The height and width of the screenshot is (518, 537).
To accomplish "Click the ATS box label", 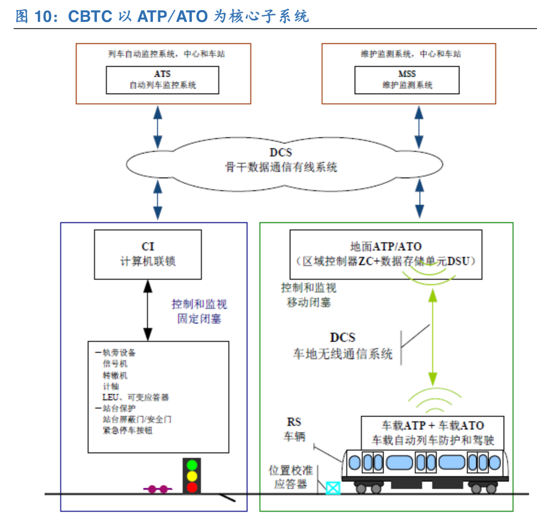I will [162, 74].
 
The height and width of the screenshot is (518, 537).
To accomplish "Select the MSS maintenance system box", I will [407, 80].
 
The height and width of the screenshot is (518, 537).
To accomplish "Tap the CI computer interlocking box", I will [148, 254].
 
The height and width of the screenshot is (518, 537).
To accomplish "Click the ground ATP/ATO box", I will [386, 254].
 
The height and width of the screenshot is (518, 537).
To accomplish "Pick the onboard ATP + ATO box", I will [432, 433].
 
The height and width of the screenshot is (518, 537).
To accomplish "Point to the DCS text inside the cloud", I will [281, 152].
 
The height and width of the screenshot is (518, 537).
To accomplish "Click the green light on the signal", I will [192, 465].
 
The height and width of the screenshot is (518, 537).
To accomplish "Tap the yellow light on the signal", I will [192, 476].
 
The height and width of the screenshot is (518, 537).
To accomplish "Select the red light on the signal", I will [192, 487].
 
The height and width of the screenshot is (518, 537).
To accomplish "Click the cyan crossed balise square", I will [333, 488].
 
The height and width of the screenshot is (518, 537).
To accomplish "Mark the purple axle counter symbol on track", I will [158, 489].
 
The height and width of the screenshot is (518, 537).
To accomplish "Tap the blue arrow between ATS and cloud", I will [157, 127].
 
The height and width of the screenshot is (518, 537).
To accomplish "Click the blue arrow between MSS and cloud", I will [419, 127].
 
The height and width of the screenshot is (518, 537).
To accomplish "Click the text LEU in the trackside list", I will [110, 397].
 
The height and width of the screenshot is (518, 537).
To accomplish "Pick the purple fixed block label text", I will [199, 311].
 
